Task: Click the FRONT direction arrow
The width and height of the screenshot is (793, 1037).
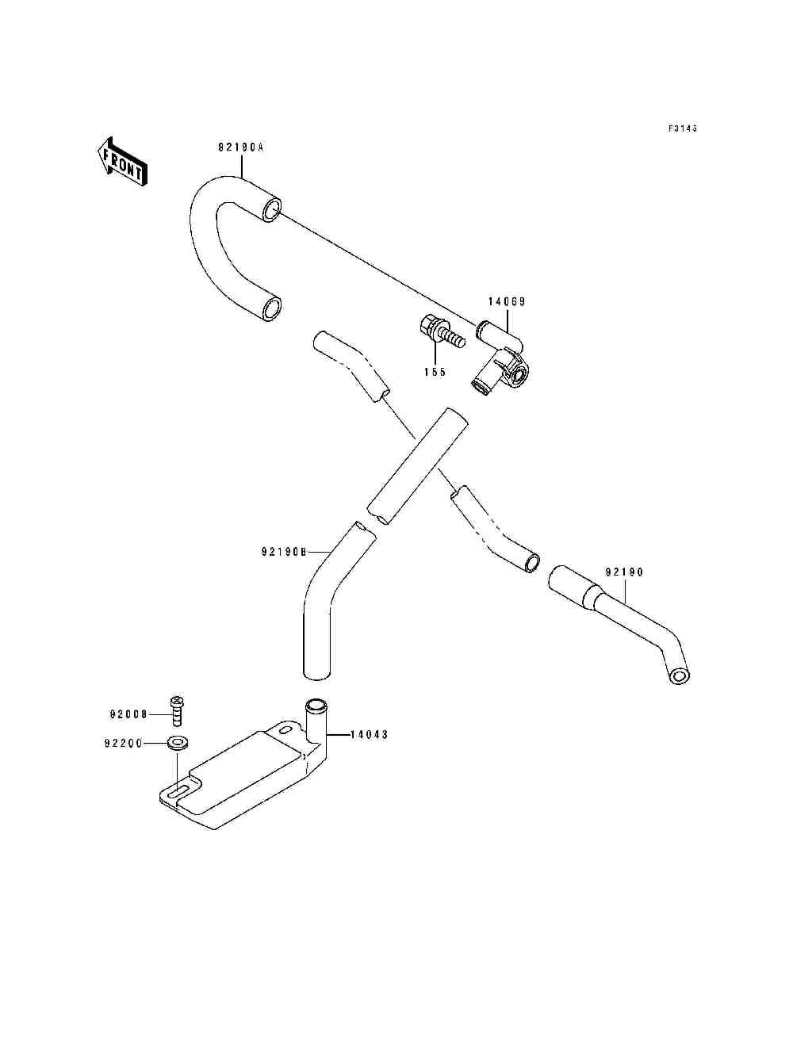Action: coord(122,162)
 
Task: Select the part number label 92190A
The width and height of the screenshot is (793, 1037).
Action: coord(240,147)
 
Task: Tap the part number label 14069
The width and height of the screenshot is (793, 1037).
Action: coord(507,301)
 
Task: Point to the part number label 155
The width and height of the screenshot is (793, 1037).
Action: coord(435,372)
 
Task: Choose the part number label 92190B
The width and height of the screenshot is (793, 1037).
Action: coord(284,552)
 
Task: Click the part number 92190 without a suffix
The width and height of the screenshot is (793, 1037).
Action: coord(624,572)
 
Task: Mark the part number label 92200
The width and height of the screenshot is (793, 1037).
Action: coord(124,744)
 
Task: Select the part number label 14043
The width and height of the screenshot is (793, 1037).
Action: coord(369,735)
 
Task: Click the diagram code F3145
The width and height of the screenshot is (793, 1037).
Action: coord(683,128)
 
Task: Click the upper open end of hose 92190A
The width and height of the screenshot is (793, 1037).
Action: coord(272,209)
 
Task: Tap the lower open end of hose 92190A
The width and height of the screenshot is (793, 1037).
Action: coord(272,309)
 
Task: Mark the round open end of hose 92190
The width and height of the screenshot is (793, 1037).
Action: coord(679,676)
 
